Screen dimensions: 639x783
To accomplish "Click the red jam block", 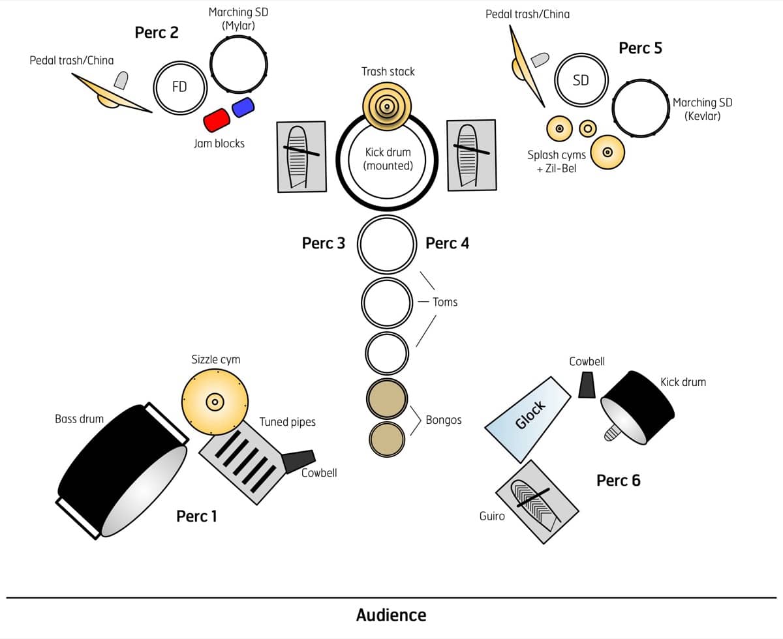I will pos(217,121).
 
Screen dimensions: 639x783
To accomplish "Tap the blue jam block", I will pos(243,107).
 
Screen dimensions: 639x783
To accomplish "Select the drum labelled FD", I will pos(179,87).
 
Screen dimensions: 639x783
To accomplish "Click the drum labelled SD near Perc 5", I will pos(580,80).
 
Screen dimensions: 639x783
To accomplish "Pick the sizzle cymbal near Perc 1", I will pos(215,401).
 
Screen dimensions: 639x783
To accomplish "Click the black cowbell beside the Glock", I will pos(587,385).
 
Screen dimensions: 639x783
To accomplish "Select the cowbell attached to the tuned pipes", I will pos(299,460).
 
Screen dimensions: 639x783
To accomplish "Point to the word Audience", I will pos(391,615).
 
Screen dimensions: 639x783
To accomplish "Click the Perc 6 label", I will pos(618,481).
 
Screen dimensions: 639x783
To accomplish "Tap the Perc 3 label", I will pos(323,243).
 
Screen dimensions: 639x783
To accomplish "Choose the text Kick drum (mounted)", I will pos(388,159).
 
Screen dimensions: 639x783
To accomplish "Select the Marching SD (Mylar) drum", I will pos(238,63).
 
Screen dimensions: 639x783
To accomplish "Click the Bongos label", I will pos(443,420).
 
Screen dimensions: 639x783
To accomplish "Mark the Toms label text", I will pos(445,302).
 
